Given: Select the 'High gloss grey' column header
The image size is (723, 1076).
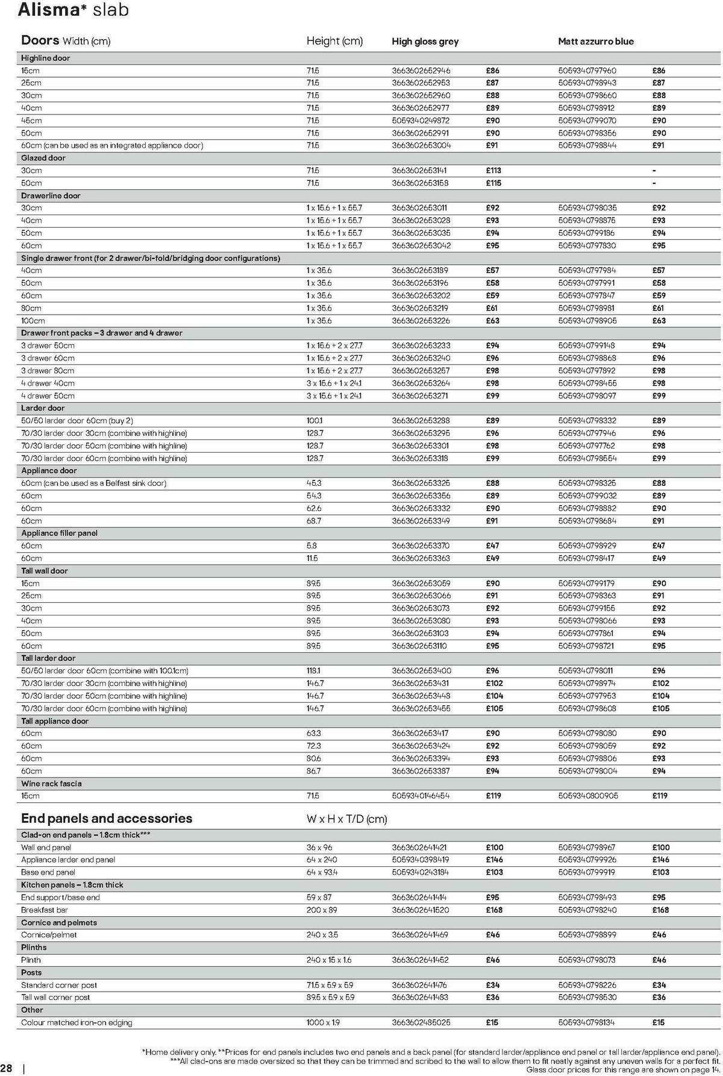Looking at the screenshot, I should pyautogui.click(x=425, y=42).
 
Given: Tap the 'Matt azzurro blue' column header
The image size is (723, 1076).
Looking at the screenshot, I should pyautogui.click(x=595, y=42).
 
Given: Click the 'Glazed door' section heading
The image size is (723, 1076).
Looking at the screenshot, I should pyautogui.click(x=43, y=158).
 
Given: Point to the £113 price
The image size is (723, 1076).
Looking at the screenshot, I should pyautogui.click(x=493, y=171).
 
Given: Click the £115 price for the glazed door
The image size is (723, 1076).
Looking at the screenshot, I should pyautogui.click(x=493, y=183).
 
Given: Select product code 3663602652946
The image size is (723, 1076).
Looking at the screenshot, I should pyautogui.click(x=421, y=71).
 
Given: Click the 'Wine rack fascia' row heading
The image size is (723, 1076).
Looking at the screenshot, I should pyautogui.click(x=51, y=784).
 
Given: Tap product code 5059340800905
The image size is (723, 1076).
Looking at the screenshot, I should pyautogui.click(x=587, y=796).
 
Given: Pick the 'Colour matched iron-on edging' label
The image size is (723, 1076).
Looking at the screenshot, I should pyautogui.click(x=77, y=1023).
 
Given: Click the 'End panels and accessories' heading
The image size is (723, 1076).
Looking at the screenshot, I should pyautogui.click(x=107, y=819).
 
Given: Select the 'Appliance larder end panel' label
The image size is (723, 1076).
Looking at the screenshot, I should pyautogui.click(x=68, y=860).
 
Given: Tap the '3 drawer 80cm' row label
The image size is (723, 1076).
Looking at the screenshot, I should pyautogui.click(x=48, y=371).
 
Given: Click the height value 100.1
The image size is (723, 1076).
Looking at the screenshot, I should pyautogui.click(x=314, y=421).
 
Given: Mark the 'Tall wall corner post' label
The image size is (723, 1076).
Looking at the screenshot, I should pyautogui.click(x=55, y=998).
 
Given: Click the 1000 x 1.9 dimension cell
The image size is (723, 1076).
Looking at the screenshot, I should pyautogui.click(x=324, y=1023).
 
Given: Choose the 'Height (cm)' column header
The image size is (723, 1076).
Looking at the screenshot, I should pyautogui.click(x=334, y=41).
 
